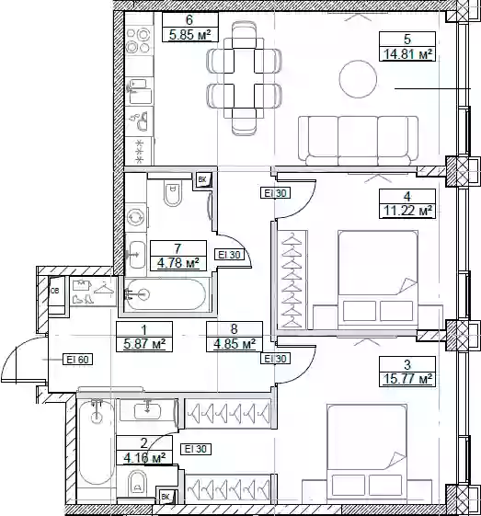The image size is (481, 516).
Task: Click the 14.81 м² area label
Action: pyautogui.click(x=407, y=53)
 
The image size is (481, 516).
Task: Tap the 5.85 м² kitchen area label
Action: pyautogui.click(x=190, y=35)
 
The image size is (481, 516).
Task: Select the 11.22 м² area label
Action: pyautogui.click(x=407, y=211)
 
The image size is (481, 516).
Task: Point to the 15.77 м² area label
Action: pyautogui.click(x=407, y=378)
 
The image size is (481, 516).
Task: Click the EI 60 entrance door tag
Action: pyautogui.click(x=77, y=360)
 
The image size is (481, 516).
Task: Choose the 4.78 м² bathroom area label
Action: pyautogui.click(x=178, y=263)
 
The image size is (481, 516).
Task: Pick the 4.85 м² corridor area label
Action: pyautogui.click(x=235, y=344)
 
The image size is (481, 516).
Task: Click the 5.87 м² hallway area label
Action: pyautogui.click(x=144, y=344)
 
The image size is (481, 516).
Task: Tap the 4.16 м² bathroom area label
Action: pyautogui.click(x=144, y=457)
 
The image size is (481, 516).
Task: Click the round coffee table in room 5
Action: pyautogui.click(x=358, y=79)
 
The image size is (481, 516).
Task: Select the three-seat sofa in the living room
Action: pyautogui.click(x=359, y=141)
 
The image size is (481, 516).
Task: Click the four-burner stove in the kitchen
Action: pyautogui.click(x=139, y=40)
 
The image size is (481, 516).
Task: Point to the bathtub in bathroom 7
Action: pyautogui.click(x=166, y=294)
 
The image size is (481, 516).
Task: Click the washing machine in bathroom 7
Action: pyautogui.click(x=136, y=218)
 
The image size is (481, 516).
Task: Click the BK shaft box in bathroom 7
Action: pyautogui.click(x=203, y=179)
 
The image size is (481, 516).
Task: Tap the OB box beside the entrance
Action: pyautogui.click(x=57, y=292)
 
